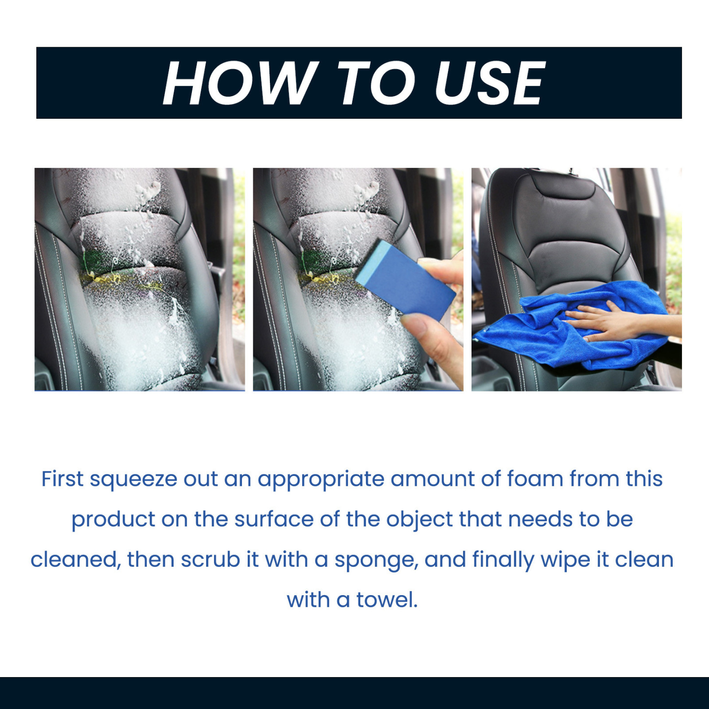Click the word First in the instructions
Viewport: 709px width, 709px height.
62,479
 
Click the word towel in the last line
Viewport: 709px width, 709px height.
387,600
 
